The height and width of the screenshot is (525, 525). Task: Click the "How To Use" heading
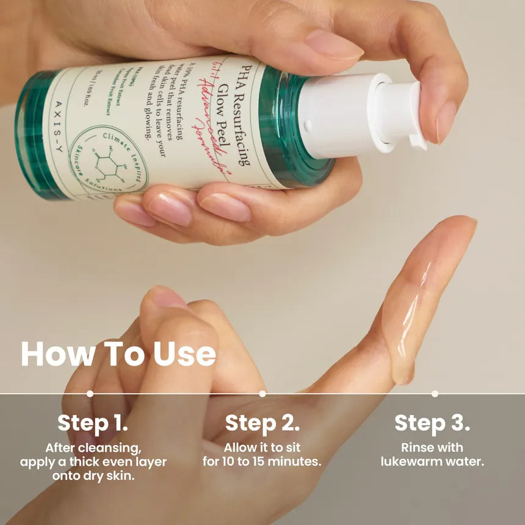click(x=118, y=355)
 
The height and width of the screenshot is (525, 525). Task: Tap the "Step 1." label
click(x=93, y=423)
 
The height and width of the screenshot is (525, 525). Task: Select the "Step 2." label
click(x=262, y=423)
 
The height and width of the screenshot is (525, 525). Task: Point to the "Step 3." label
click(x=432, y=423)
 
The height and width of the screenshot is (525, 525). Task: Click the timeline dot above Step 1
click(x=90, y=394)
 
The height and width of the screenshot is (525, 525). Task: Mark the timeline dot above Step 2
click(x=262, y=394)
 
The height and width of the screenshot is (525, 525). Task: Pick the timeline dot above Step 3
click(x=435, y=394)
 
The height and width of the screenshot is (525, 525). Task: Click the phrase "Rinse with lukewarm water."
click(x=432, y=455)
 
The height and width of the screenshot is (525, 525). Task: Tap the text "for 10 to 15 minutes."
click(x=262, y=462)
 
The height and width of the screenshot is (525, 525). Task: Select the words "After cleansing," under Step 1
click(x=93, y=447)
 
